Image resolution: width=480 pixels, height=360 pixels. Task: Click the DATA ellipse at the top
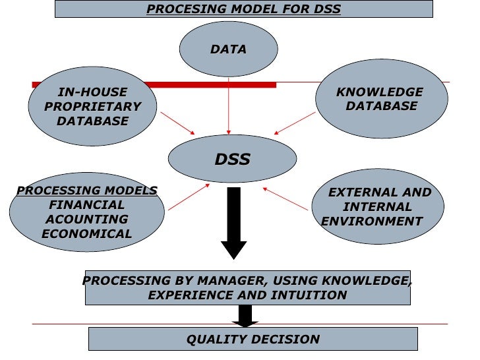point(228,49)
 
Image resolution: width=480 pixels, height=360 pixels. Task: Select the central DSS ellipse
point(232,159)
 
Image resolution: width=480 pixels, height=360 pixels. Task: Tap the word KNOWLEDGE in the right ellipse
point(380,92)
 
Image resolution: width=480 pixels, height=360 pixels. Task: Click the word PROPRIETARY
point(93,107)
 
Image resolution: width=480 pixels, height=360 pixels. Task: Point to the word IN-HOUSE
point(93,92)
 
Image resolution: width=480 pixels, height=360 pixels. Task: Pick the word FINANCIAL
point(86,205)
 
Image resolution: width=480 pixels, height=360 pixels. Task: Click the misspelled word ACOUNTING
point(86,220)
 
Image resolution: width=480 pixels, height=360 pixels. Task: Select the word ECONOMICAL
point(86,234)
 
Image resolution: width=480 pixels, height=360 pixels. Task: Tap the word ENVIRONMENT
point(371,222)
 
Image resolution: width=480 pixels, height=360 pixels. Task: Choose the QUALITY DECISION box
point(253,340)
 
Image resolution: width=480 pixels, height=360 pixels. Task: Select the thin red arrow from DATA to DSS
point(229,105)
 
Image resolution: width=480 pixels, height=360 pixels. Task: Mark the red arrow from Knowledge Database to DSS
point(295,123)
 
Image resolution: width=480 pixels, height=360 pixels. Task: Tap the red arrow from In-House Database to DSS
point(177,122)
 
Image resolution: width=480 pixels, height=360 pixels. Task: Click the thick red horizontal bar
point(198,84)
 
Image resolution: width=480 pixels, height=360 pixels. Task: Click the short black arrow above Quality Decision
point(245,317)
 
